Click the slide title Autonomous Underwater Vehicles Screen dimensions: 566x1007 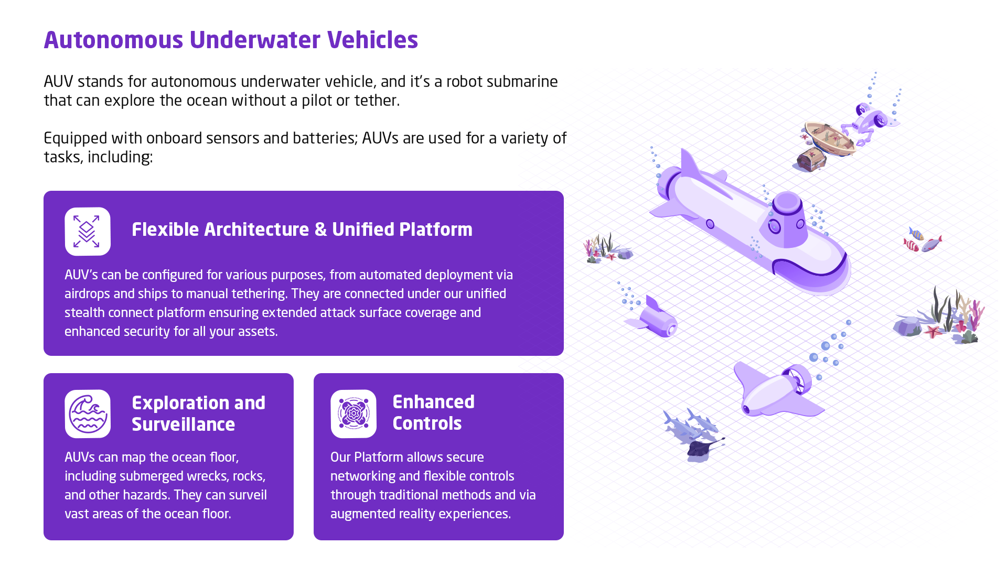(x=231, y=40)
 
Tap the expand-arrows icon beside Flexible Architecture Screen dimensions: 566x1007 (x=88, y=231)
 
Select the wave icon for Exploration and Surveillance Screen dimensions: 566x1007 (x=88, y=413)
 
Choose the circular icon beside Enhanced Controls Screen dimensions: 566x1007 (x=353, y=413)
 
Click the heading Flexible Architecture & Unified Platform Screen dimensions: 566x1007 (x=302, y=230)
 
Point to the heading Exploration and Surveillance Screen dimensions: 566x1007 (x=198, y=413)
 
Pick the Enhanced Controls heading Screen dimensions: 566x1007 (x=433, y=412)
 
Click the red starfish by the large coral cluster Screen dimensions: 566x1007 (x=933, y=331)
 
